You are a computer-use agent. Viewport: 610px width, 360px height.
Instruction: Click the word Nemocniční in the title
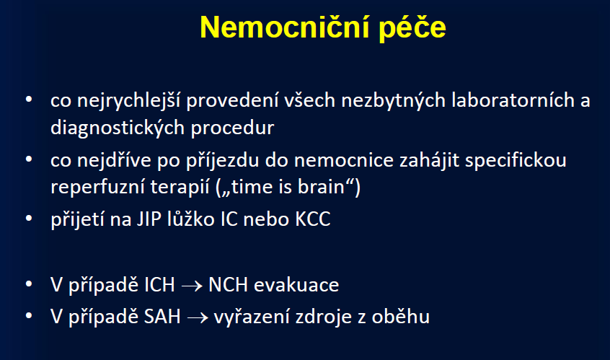pyautogui.click(x=284, y=27)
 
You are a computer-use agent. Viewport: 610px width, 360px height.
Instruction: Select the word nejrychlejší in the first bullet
pyautogui.click(x=128, y=101)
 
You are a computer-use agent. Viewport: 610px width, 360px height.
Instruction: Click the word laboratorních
pyautogui.click(x=513, y=100)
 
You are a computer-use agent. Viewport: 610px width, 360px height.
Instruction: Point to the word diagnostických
pyautogui.click(x=118, y=128)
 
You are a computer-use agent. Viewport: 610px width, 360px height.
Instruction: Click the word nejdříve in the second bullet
pyautogui.click(x=114, y=160)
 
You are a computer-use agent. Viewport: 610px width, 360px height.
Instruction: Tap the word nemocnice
pyautogui.click(x=344, y=161)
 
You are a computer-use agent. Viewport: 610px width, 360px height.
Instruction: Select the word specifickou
pyautogui.click(x=516, y=161)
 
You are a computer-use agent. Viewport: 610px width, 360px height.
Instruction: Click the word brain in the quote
pyautogui.click(x=321, y=187)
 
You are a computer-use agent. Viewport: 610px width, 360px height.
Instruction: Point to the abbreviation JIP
pyautogui.click(x=149, y=219)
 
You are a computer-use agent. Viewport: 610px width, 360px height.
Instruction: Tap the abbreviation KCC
pyautogui.click(x=313, y=219)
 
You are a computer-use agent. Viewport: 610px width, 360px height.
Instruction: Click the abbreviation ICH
pyautogui.click(x=159, y=285)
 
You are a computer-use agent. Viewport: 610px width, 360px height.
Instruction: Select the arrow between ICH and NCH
pyautogui.click(x=192, y=286)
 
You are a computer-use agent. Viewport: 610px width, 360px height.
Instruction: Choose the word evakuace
pyautogui.click(x=296, y=285)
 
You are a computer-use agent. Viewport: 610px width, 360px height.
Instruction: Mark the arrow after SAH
pyautogui.click(x=198, y=318)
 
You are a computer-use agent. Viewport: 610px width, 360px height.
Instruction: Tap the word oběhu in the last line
pyautogui.click(x=401, y=316)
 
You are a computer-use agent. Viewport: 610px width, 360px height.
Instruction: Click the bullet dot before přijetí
pyautogui.click(x=29, y=219)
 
